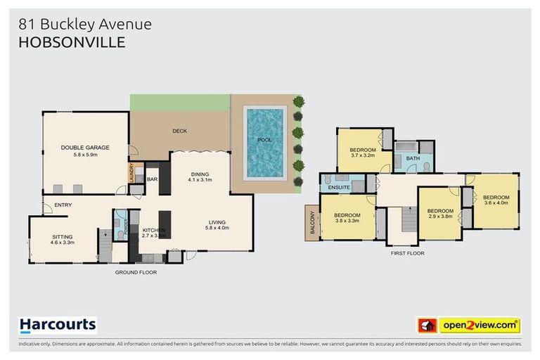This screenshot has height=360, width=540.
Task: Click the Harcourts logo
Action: pos(58,325)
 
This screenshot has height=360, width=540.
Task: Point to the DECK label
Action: pos(180,131)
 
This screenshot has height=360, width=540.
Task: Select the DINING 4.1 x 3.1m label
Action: pos(200,179)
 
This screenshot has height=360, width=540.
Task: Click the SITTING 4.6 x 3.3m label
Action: pos(63,239)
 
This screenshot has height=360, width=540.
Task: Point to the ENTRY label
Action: pos(52,205)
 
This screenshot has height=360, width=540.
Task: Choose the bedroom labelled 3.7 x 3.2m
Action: pos(363,153)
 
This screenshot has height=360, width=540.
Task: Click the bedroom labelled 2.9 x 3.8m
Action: pos(440,214)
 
